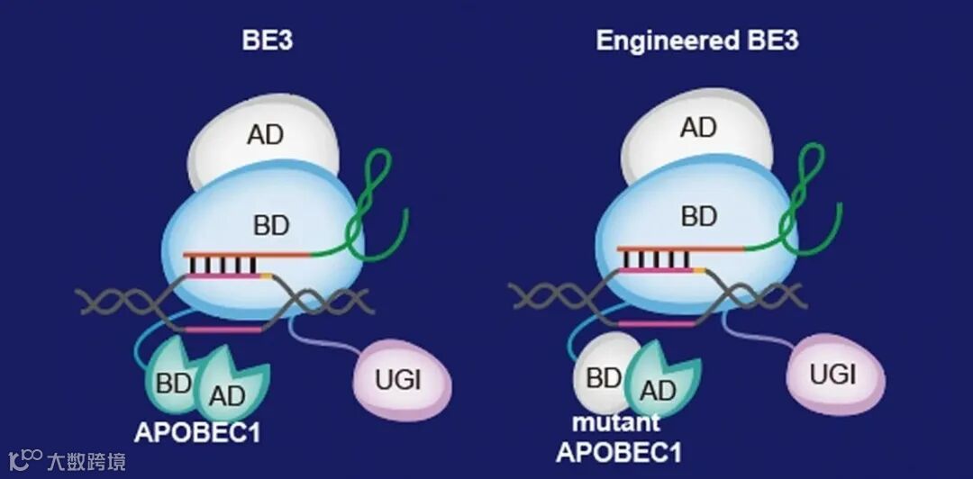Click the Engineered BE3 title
(696, 41)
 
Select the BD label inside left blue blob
(270, 224)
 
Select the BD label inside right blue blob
(699, 217)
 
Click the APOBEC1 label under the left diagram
(197, 432)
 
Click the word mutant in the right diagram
(617, 422)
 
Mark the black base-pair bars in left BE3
(221, 265)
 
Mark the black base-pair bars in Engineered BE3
(653, 258)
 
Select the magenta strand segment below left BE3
(223, 329)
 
